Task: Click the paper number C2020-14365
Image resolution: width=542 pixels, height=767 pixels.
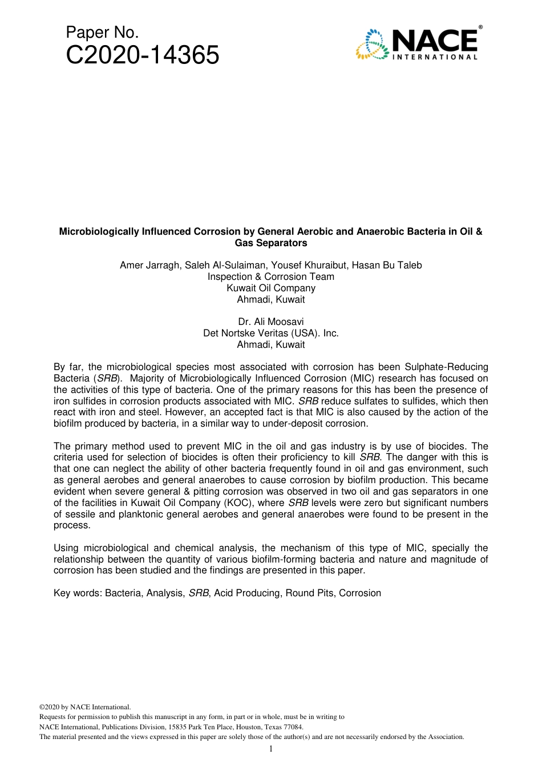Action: (143, 56)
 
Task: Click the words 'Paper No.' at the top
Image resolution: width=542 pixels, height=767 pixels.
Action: (102, 33)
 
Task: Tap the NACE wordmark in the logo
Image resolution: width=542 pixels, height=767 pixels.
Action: (434, 41)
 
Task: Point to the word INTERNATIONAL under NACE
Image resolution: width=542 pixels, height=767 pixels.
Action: (435, 57)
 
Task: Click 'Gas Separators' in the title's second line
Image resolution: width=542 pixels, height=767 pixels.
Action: (271, 243)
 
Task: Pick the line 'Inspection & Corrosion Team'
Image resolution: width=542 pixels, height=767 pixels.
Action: (271, 277)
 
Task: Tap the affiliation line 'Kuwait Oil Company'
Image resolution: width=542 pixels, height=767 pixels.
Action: (271, 288)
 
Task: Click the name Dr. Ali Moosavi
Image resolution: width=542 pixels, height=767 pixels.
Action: (271, 322)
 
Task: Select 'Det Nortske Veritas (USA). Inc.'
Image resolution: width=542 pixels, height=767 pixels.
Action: (271, 334)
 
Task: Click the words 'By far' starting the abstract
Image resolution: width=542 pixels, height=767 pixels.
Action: (68, 367)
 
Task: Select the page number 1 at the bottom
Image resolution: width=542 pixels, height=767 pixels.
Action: (271, 749)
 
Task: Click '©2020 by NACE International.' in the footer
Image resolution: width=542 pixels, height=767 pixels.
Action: (85, 707)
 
